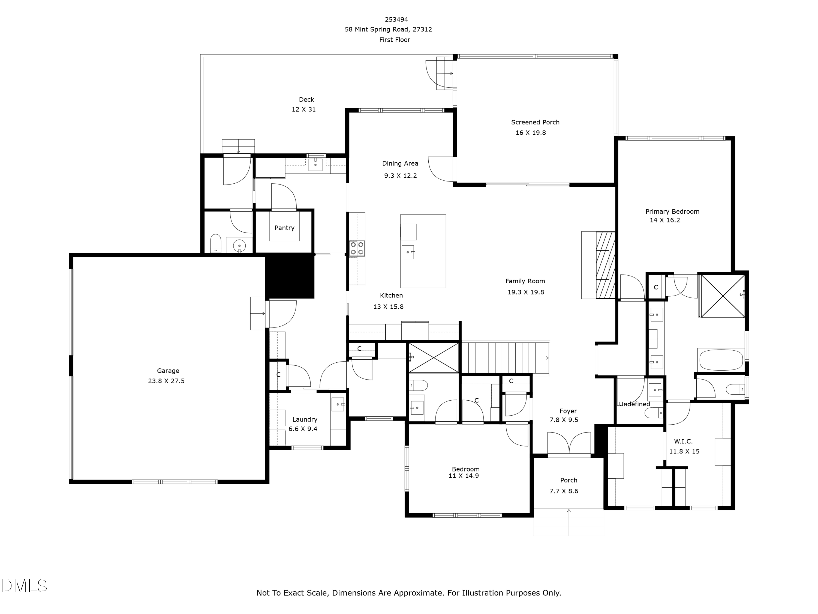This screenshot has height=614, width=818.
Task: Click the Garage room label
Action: click(x=168, y=371)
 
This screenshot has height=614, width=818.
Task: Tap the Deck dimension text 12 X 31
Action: click(x=303, y=109)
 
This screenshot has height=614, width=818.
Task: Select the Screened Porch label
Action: click(x=535, y=122)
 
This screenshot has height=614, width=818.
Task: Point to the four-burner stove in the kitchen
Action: click(x=357, y=248)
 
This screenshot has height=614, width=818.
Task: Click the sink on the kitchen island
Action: click(x=408, y=252)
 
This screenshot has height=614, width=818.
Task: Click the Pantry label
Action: click(x=284, y=228)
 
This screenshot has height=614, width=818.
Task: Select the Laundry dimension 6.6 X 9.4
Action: click(x=303, y=429)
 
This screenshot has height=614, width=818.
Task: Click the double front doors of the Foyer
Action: click(x=569, y=443)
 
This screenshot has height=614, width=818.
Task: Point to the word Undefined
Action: click(x=634, y=404)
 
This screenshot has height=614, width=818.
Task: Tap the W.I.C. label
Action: click(x=683, y=441)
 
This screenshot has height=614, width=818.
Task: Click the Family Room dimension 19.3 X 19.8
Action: click(x=525, y=292)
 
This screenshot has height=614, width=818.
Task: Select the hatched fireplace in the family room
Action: click(x=605, y=265)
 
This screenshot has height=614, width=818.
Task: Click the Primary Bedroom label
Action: click(x=672, y=212)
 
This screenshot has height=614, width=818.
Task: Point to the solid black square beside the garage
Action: click(x=290, y=276)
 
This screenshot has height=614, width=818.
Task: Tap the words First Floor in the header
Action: click(x=395, y=40)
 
